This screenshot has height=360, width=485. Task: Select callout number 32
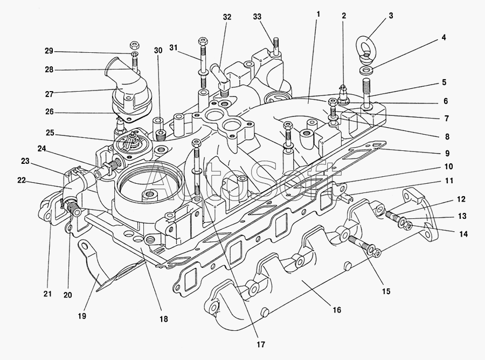[227, 17]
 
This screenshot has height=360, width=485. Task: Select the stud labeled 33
[276, 44]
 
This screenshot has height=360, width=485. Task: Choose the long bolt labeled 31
[203, 63]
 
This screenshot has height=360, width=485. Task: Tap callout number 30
[157, 51]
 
